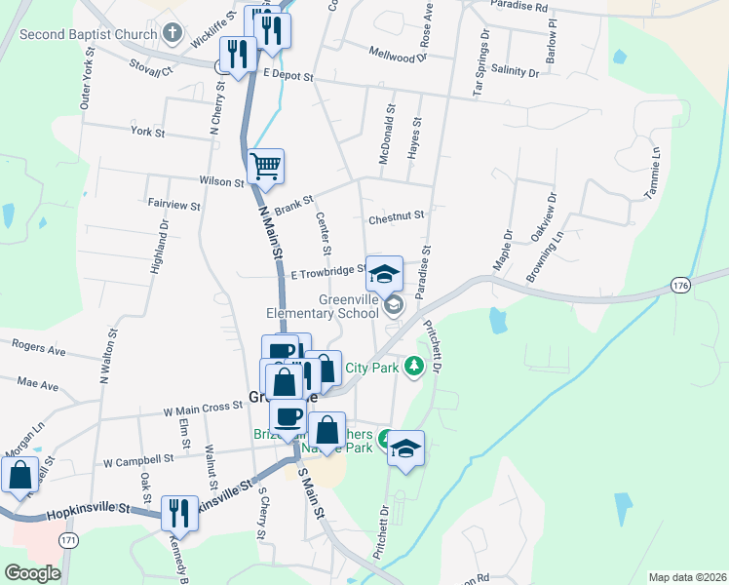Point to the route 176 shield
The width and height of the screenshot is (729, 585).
click(x=681, y=285)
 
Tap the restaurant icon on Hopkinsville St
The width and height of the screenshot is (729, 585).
click(x=179, y=512)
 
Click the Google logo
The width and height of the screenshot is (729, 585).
click(x=32, y=572)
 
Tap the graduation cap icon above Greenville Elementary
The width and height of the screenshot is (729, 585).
click(x=384, y=273)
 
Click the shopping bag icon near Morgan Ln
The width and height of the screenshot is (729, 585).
click(x=20, y=475)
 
